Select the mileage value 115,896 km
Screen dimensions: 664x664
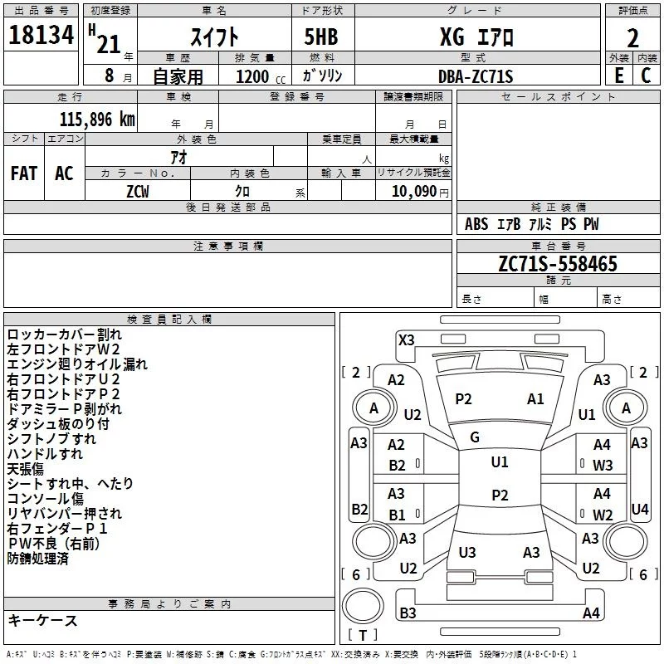coord(97,119)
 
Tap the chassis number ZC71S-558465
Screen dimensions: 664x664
coord(557,264)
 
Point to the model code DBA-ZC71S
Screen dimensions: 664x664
coord(476,76)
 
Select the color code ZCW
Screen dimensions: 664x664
coord(137,190)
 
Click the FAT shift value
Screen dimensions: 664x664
coord(23,173)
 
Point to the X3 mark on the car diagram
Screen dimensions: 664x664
coord(406,339)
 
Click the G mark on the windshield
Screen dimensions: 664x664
coord(475,437)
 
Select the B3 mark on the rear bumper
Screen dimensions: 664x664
coord(408,613)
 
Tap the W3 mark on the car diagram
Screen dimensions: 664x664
coord(602,466)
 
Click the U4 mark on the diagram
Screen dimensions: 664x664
coord(639,509)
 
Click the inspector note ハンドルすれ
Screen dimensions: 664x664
coord(45,454)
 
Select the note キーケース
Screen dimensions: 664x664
coord(43,621)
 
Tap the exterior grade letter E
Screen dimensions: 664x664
coord(618,76)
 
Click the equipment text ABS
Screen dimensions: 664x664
coord(476,224)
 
